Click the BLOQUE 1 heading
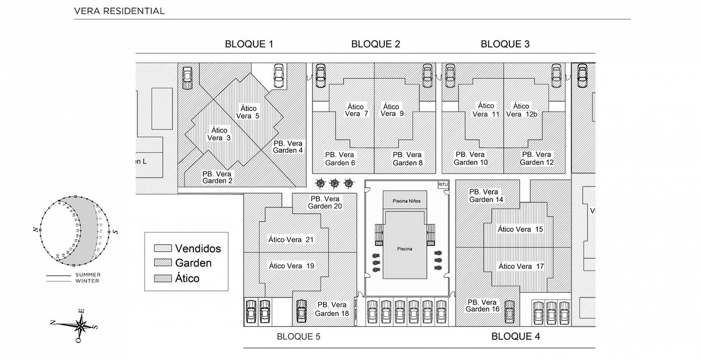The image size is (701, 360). pos(249,44)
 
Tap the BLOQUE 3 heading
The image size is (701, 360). pos(505,44)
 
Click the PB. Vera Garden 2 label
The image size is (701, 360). pos(217,177)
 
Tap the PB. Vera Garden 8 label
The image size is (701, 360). pos(407,158)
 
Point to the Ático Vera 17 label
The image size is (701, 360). pos(520,266)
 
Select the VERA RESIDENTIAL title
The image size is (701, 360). pos(119,11)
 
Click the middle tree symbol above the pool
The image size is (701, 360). pos(335,184)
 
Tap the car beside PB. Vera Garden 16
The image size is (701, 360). pos(509,307)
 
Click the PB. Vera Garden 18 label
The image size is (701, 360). pos(334,309)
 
